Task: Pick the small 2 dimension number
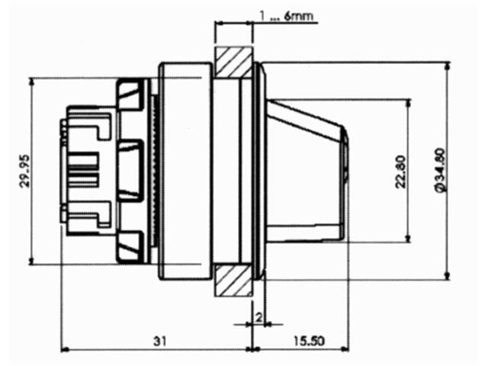[259, 316]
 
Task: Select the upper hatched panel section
[233, 63]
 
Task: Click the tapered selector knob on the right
[303, 172]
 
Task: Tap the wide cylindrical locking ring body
[184, 171]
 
